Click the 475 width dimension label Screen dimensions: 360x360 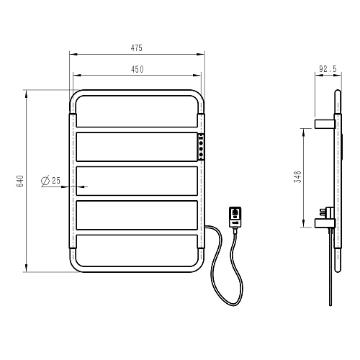[x=137, y=48]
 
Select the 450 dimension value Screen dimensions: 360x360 [x=138, y=69]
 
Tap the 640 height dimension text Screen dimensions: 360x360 [x=20, y=181]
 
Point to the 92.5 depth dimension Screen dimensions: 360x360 [x=328, y=69]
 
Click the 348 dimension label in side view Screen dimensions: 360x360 [x=297, y=177]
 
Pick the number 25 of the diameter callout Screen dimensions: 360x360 [x=56, y=181]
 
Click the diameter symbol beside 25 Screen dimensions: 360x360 [x=45, y=181]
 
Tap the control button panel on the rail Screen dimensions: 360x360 [x=201, y=147]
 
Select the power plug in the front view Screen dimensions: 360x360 [x=235, y=217]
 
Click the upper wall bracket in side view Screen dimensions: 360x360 [x=325, y=124]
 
